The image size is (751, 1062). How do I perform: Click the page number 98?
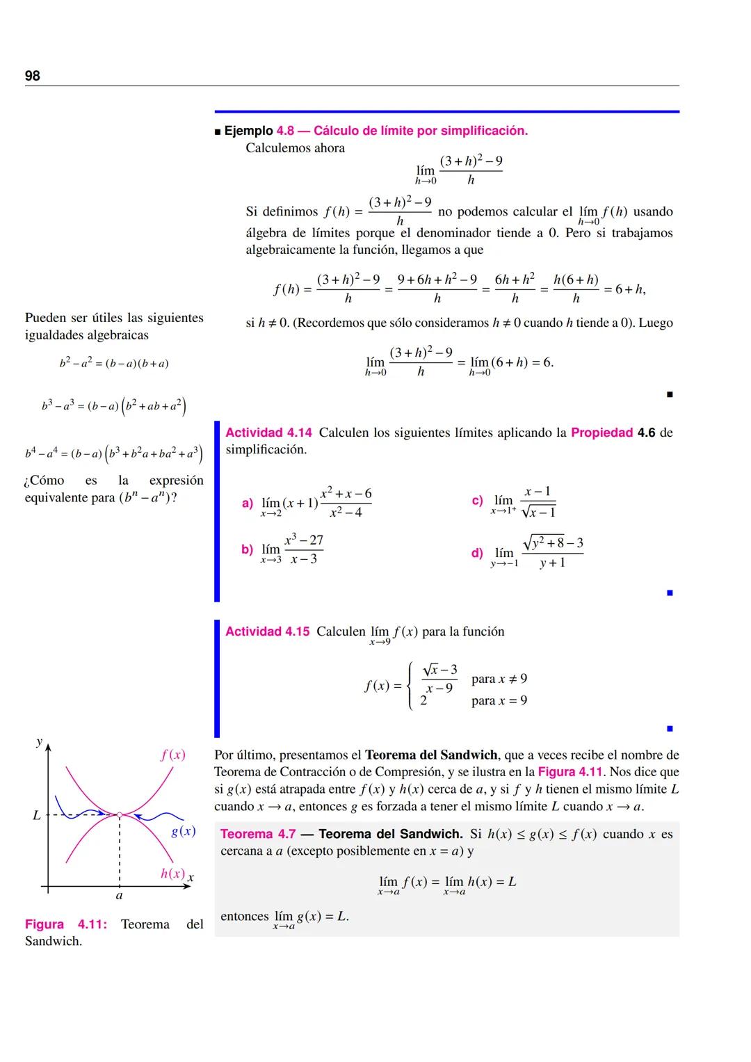[x=33, y=76]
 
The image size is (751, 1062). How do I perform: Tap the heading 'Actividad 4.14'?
[x=268, y=433]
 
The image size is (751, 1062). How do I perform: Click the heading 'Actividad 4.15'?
[x=267, y=631]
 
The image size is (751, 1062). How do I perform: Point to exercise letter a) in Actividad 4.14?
[x=248, y=503]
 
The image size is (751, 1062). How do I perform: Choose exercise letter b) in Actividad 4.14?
[x=248, y=549]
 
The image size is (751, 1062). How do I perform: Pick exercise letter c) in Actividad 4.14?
[x=477, y=500]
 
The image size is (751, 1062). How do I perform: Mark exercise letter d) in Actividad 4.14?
[x=477, y=553]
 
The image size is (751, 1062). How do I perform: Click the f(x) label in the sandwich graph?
[x=172, y=755]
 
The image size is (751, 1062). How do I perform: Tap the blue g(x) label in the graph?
[x=183, y=831]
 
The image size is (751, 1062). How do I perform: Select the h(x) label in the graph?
[x=172, y=874]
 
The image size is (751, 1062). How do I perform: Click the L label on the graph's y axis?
[x=37, y=815]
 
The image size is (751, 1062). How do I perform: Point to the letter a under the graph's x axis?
[x=119, y=896]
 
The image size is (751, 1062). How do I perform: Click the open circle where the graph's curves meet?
[x=120, y=814]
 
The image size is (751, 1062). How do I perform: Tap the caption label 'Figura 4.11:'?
[x=66, y=924]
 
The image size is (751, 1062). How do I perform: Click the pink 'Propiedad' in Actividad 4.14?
[x=601, y=433]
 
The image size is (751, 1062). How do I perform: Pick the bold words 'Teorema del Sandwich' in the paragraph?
[x=431, y=755]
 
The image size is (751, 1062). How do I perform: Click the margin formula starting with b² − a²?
[x=114, y=363]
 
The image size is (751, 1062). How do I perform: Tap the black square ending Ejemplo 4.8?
[x=670, y=395]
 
